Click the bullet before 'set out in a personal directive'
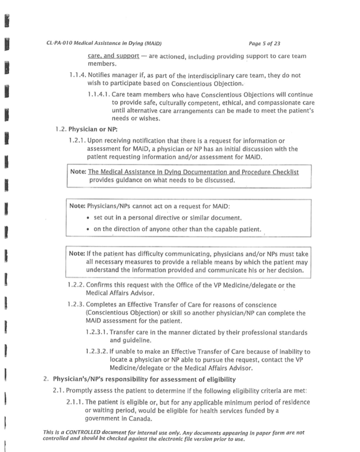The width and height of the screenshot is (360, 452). (87, 218)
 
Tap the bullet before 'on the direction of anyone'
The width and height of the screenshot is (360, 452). (87, 229)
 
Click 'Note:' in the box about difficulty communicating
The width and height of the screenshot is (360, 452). (77, 252)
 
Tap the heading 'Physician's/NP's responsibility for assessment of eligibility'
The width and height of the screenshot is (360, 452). (144, 379)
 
